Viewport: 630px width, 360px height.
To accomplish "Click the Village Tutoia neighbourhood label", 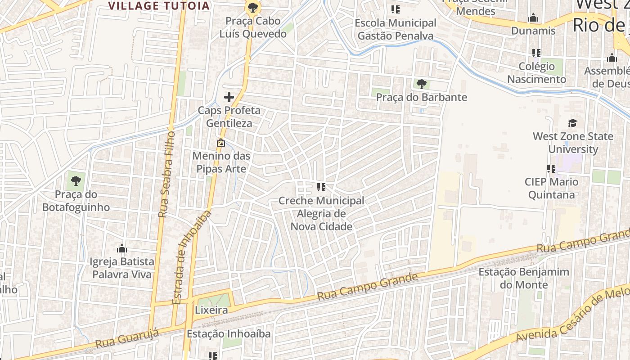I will coord(160,6).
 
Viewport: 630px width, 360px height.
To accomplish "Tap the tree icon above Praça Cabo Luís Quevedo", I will coord(253,7).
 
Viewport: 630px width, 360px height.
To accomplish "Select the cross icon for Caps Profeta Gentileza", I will coord(229,97).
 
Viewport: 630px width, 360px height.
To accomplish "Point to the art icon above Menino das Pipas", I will coord(221,143).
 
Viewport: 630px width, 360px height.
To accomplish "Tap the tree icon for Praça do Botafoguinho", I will coord(76,181).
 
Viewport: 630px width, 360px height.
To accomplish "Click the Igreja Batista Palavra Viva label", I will coord(122,268).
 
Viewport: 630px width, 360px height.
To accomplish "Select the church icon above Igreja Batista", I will coord(121,249).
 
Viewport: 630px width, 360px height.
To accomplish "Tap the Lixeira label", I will coord(211,310).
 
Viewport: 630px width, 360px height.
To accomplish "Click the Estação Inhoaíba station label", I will coord(229,333).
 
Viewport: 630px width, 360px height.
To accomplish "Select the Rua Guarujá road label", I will coord(128,340).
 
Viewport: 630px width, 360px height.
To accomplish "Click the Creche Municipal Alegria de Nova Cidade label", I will coord(321,213).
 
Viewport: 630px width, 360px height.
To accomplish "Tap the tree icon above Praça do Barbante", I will coord(422,84).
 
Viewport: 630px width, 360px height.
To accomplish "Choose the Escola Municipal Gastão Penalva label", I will coord(396,29).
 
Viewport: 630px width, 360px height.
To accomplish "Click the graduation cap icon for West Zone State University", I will coord(572,123).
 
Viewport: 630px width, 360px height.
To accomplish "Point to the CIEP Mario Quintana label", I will coord(551,188).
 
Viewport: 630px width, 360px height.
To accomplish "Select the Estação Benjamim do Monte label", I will coord(524,278).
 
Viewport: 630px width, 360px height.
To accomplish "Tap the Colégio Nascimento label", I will coord(536,72).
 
